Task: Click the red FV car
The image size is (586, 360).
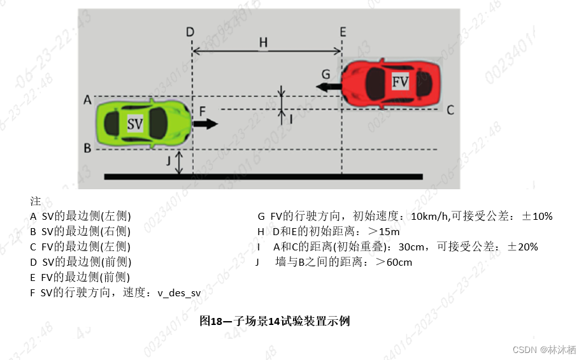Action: [x=391, y=82]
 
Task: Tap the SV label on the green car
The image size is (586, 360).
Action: [x=135, y=124]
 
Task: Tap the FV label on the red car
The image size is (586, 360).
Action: [x=400, y=82]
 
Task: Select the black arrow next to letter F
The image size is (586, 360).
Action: [x=205, y=124]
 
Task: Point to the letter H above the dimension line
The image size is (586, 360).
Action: [x=263, y=42]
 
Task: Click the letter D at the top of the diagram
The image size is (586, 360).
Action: [x=190, y=31]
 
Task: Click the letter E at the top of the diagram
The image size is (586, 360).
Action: [x=343, y=31]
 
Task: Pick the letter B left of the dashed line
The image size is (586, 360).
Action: [x=87, y=148]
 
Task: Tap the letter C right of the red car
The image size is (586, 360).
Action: [x=450, y=110]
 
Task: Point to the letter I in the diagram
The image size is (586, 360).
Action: [x=290, y=118]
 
